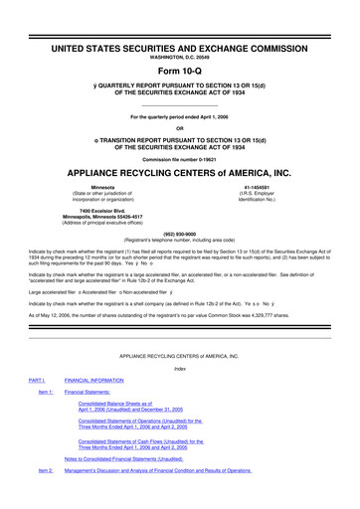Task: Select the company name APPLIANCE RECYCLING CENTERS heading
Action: (x=179, y=169)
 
